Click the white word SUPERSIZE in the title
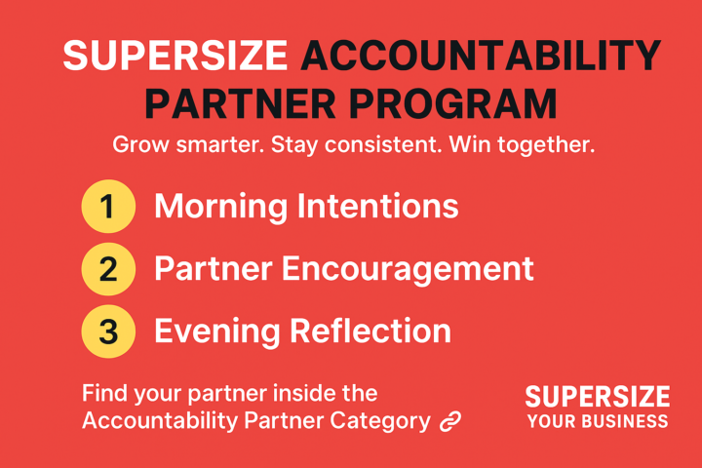175,58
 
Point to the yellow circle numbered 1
107,207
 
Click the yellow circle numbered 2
107,269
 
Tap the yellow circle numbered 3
107,331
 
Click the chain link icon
449,421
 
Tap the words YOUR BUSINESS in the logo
598,421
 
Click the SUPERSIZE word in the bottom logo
598,396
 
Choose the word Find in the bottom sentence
102,394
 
